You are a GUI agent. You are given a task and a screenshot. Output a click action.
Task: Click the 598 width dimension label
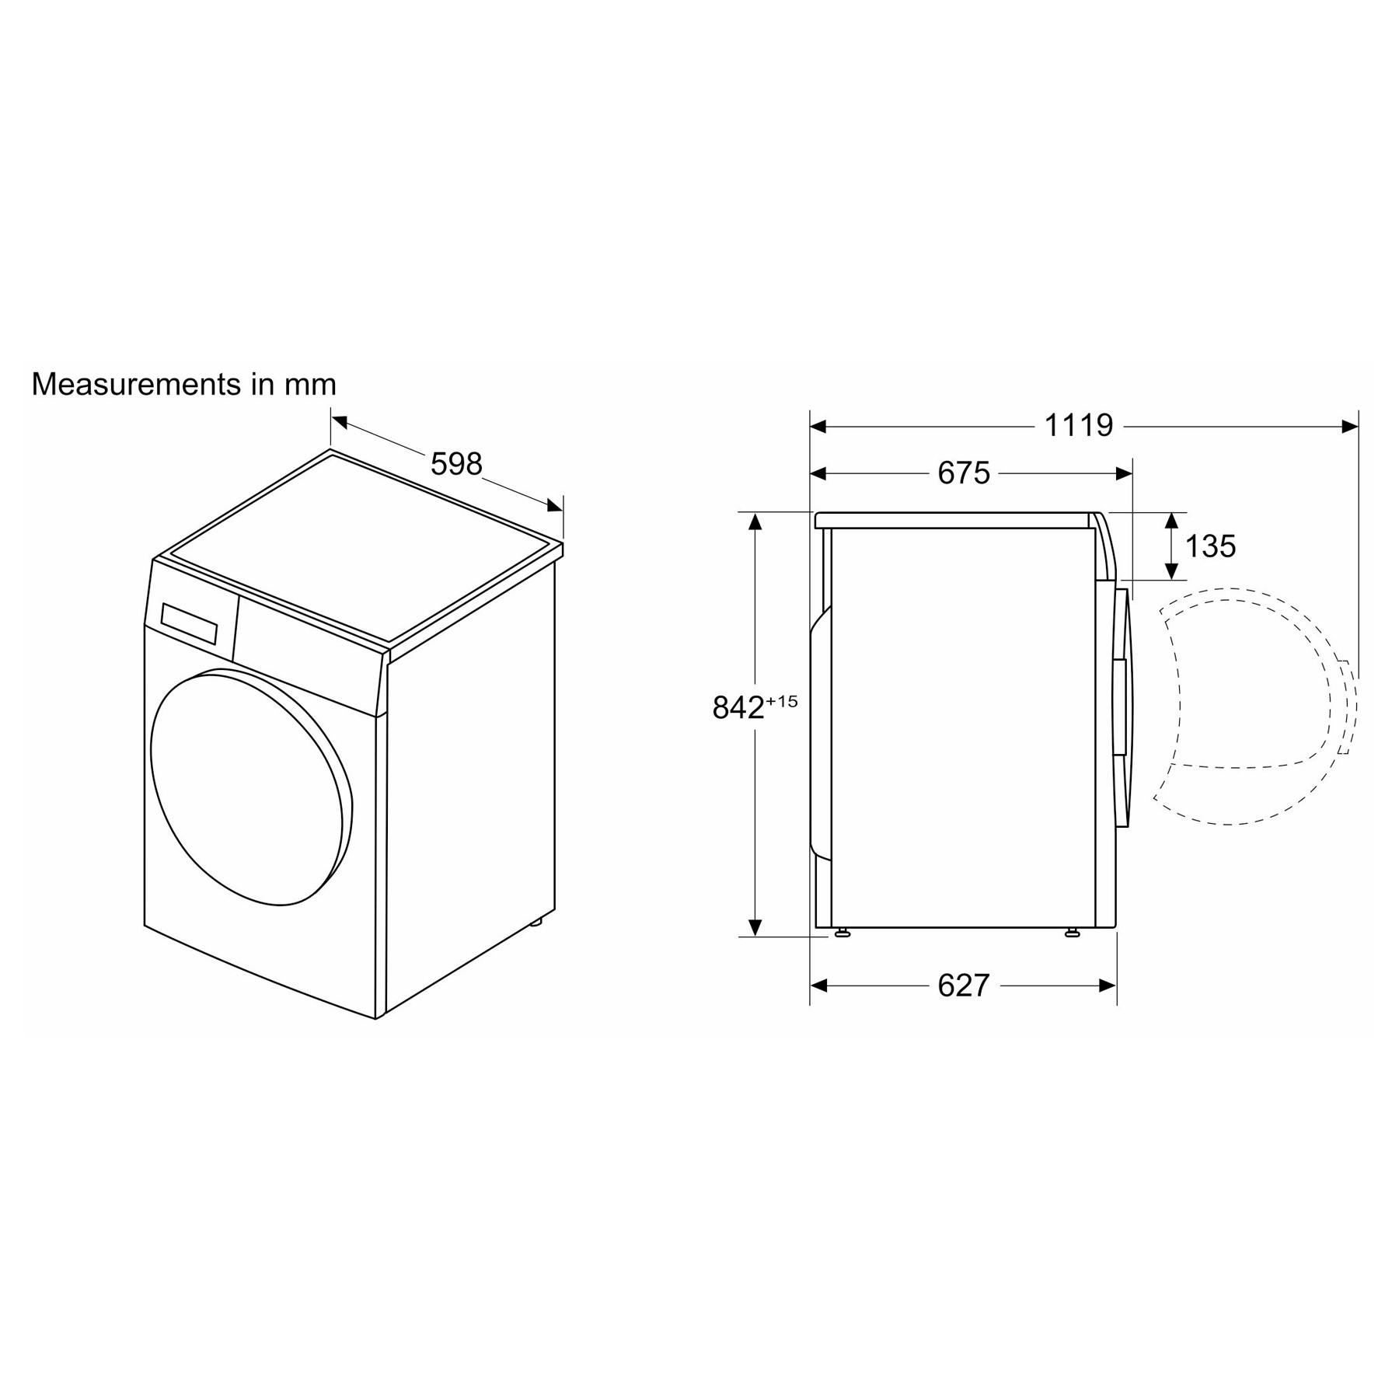(x=456, y=464)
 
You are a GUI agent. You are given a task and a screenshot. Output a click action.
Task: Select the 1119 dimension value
(x=1078, y=425)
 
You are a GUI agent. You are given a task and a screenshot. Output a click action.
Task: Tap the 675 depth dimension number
(x=964, y=473)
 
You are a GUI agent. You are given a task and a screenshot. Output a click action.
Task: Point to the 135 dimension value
(x=1210, y=546)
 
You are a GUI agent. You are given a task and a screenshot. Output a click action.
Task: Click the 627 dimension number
(x=964, y=986)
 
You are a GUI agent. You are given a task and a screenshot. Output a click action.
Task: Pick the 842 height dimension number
(x=738, y=708)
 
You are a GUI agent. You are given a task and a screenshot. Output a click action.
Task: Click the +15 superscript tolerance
(x=782, y=701)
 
